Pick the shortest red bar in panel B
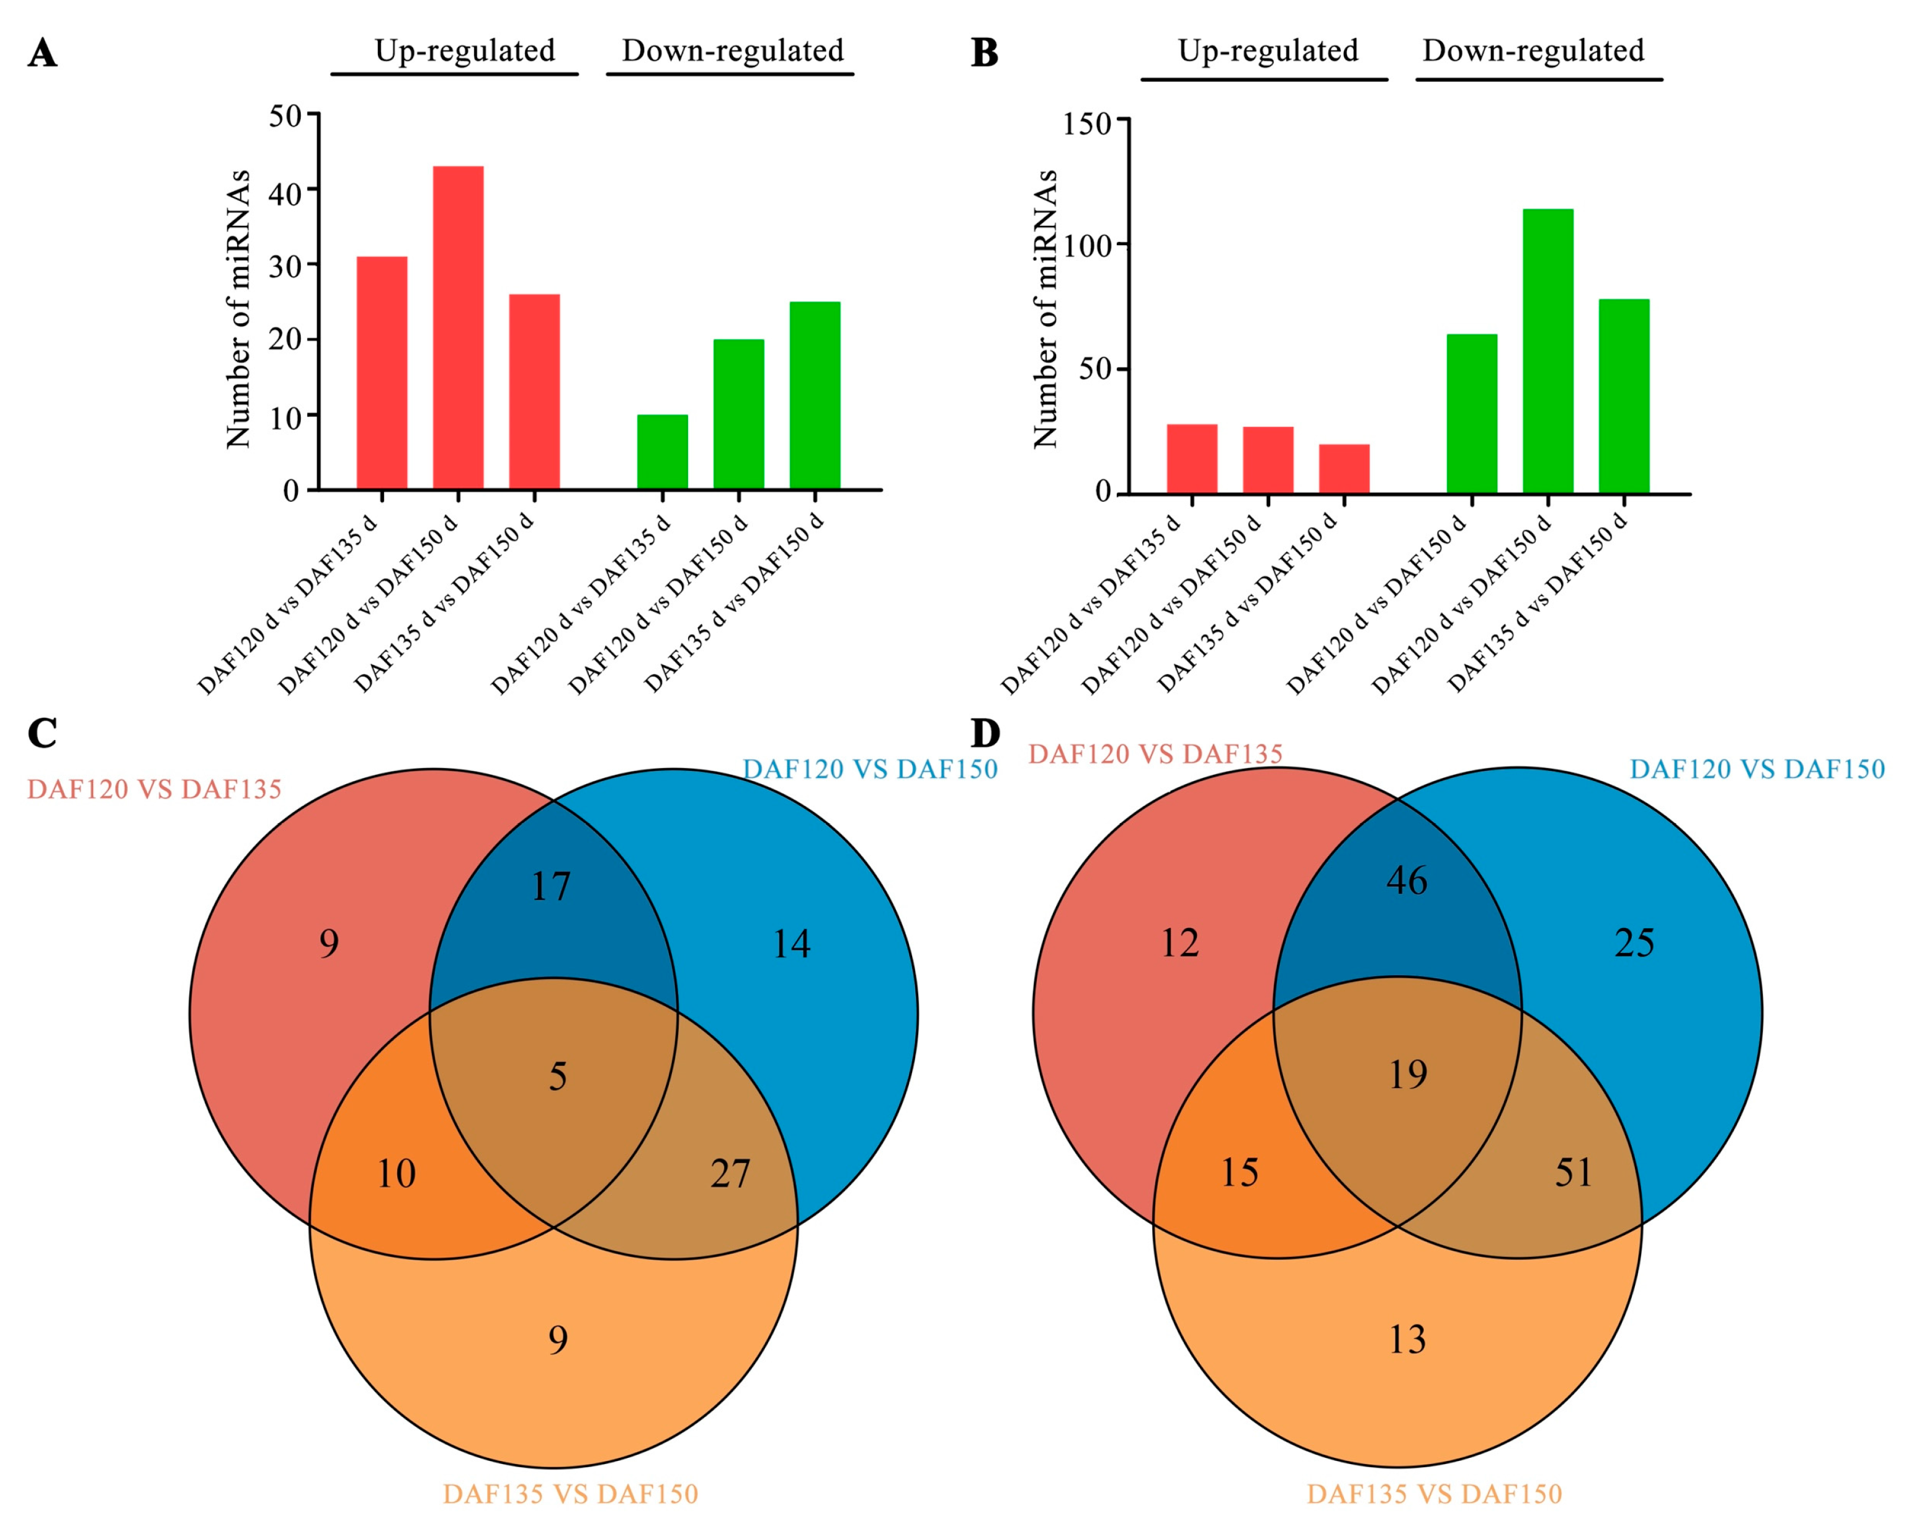1344,468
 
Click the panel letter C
42,734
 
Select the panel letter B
985,53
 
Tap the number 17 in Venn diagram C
550,887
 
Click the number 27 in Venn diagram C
730,1174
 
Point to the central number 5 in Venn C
557,1076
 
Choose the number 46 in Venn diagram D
1407,880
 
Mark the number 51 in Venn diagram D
1574,1173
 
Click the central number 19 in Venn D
1408,1075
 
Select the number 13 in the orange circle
1407,1339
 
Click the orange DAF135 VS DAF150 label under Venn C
571,1494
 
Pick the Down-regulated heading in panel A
732,51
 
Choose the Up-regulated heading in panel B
1268,51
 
